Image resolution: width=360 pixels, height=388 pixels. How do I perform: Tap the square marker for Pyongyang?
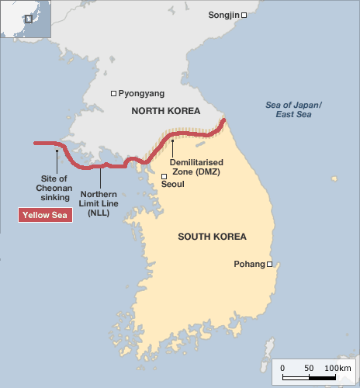[x=113, y=93]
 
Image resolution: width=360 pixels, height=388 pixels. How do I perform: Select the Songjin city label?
[x=223, y=15]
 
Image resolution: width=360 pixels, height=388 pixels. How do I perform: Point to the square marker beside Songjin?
[x=244, y=15]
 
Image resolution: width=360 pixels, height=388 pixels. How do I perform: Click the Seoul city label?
[x=172, y=184]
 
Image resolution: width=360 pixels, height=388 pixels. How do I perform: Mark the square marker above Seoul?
[x=164, y=177]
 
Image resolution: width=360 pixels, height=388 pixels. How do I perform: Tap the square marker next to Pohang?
[x=270, y=265]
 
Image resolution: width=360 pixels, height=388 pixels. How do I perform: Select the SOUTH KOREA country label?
[x=212, y=237]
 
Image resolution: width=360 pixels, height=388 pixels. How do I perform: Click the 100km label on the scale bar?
[x=337, y=367]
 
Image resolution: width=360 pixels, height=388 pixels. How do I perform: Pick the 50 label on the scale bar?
[x=310, y=367]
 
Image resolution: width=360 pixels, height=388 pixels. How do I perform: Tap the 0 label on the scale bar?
[x=282, y=367]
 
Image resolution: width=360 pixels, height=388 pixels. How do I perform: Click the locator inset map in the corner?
[x=25, y=19]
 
